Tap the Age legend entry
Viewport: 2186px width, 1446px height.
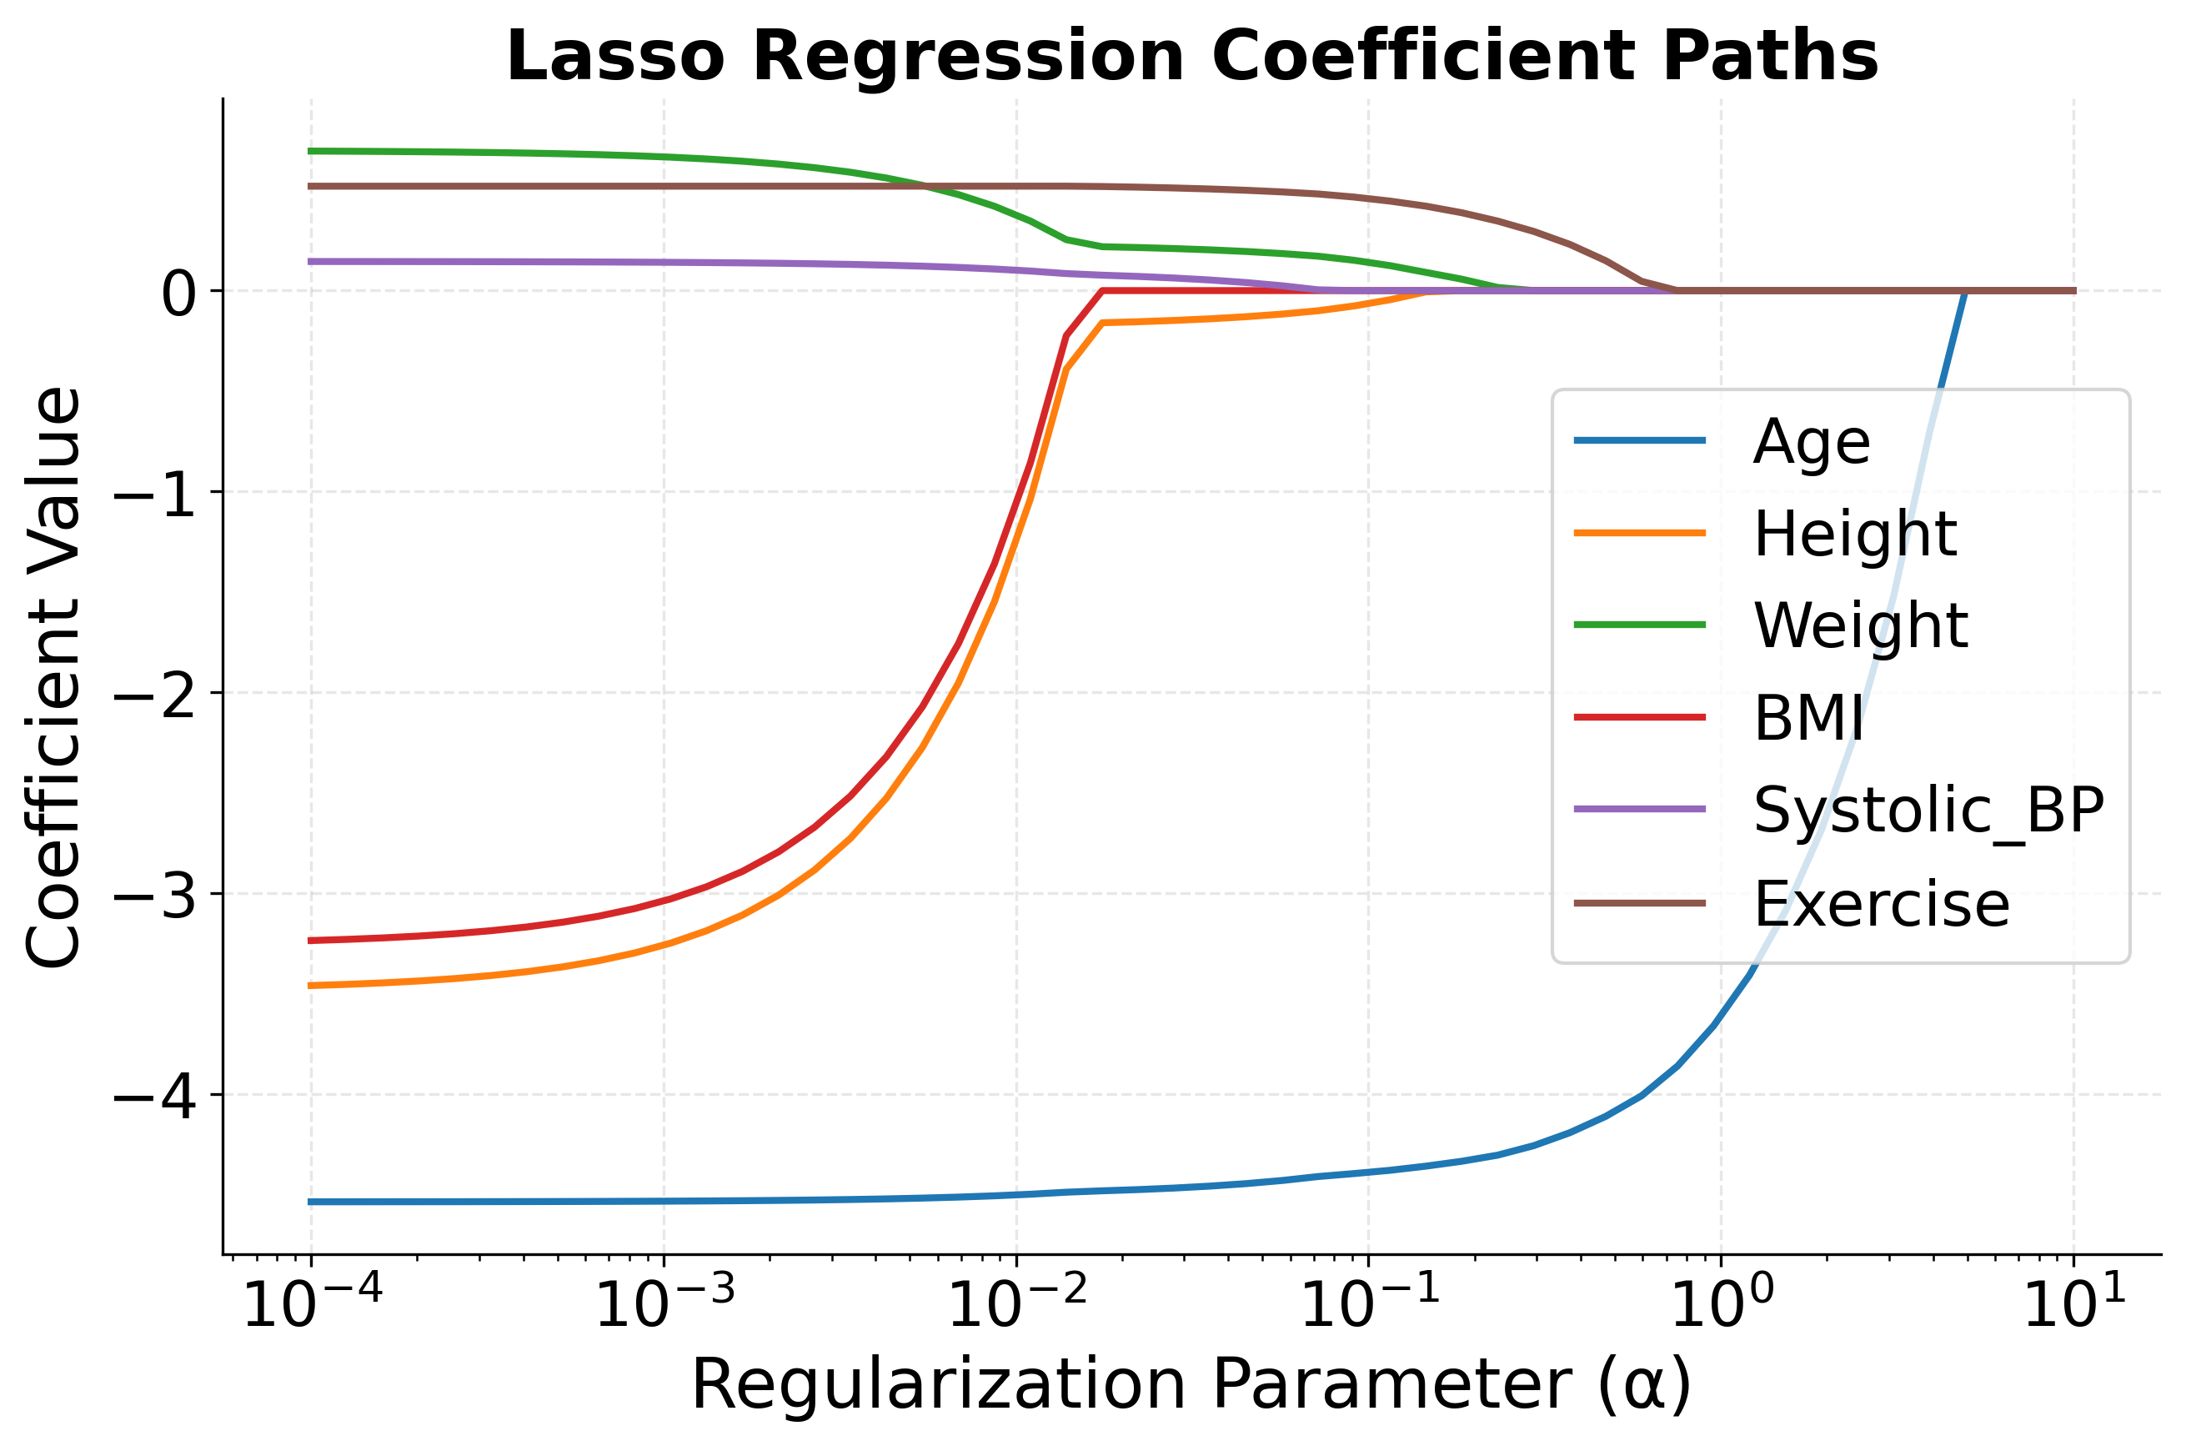coord(1811,442)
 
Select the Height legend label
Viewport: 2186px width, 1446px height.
coord(1854,534)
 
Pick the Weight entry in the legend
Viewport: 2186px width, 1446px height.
coord(1860,626)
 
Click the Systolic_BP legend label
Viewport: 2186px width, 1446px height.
coord(1928,811)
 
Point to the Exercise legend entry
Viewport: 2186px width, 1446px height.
coord(1881,904)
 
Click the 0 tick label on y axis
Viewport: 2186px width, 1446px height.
coord(179,294)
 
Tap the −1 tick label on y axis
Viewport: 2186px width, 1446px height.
coord(154,495)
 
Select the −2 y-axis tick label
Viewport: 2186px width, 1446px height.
coord(154,696)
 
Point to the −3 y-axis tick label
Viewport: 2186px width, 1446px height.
coord(154,897)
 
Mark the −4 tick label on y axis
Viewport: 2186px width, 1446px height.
coord(154,1098)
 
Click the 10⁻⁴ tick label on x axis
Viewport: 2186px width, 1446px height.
coord(312,1302)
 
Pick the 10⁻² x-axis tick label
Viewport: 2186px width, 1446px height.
coord(1017,1302)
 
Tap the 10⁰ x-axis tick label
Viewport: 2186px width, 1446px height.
coord(1722,1302)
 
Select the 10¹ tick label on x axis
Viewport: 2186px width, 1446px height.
coord(2074,1302)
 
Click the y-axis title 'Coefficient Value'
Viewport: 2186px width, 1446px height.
coord(53,678)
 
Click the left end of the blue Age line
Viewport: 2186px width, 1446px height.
coord(312,1202)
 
